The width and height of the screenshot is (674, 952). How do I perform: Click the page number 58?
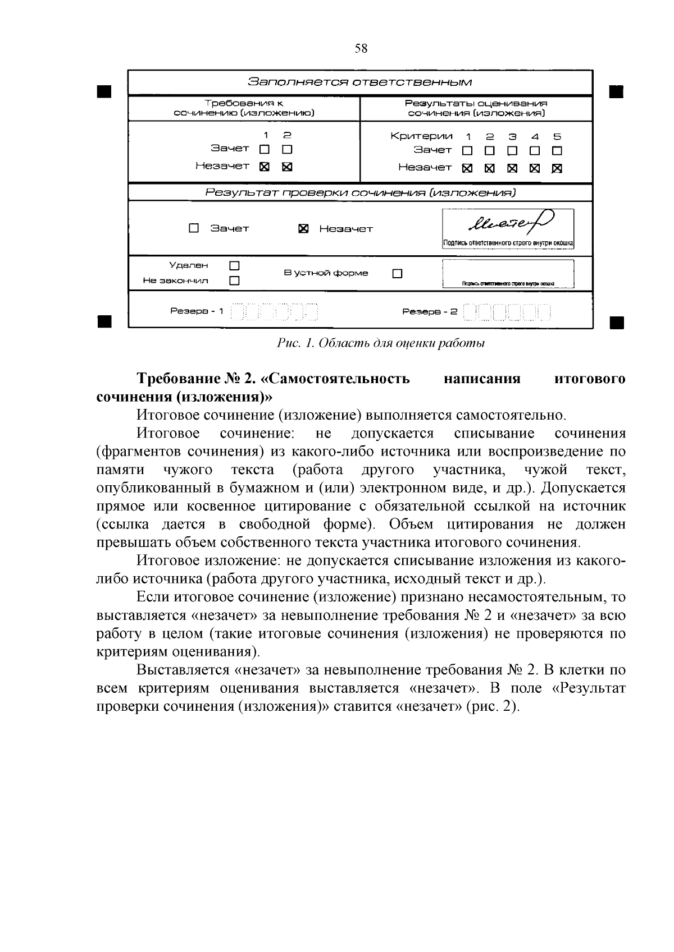click(x=361, y=49)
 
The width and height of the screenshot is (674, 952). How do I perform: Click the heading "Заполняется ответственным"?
click(x=360, y=82)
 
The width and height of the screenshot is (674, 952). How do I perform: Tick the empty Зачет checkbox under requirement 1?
click(x=265, y=150)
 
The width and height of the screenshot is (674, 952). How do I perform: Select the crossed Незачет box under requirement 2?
click(x=287, y=167)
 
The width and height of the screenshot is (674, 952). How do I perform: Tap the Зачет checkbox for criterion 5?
click(x=557, y=151)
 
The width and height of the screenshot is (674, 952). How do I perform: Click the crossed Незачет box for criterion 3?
click(x=512, y=168)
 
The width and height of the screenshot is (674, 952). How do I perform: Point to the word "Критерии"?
click(x=421, y=136)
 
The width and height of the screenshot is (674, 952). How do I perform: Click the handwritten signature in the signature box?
click(x=508, y=223)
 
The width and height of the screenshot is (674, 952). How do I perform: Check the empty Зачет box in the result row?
click(x=194, y=228)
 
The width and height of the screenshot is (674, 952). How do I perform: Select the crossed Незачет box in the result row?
click(x=303, y=229)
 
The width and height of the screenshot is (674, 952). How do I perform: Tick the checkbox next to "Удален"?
click(x=234, y=265)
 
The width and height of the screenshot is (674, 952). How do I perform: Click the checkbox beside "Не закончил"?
click(x=234, y=280)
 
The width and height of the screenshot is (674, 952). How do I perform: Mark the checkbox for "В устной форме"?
click(x=398, y=274)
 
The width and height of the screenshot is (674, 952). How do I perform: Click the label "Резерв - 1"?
click(x=197, y=311)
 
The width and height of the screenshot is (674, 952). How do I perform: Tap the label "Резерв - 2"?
click(x=430, y=311)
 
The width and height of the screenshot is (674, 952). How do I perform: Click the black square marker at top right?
click(x=616, y=91)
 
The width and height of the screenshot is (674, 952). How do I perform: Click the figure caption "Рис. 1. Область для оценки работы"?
click(x=381, y=343)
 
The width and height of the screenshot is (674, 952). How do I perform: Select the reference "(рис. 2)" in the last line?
click(x=493, y=706)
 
